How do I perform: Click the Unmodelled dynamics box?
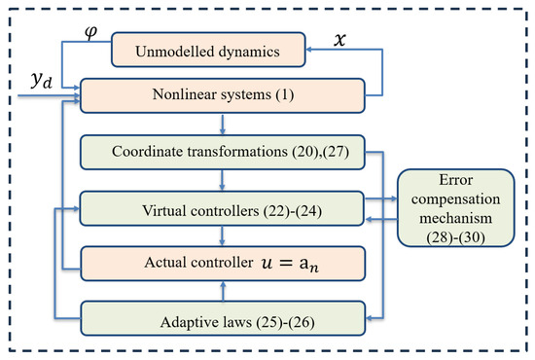click(x=223, y=46)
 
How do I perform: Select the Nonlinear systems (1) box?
click(x=223, y=96)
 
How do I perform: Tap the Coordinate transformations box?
click(x=223, y=152)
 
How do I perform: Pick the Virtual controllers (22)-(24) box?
click(x=223, y=208)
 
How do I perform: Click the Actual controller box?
click(x=223, y=263)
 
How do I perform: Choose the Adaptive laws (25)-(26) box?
click(x=223, y=319)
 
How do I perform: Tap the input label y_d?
click(x=39, y=86)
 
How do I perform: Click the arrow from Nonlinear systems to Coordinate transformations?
click(x=224, y=124)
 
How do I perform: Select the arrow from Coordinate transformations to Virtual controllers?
click(x=224, y=180)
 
